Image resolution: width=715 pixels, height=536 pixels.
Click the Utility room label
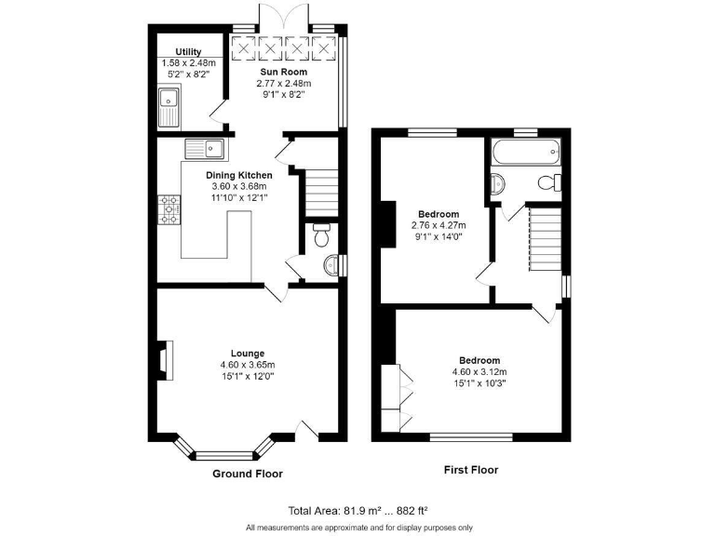coord(175,52)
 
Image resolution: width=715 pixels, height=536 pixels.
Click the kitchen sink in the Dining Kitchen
coord(205,147)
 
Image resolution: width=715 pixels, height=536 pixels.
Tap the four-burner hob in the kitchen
coord(169,209)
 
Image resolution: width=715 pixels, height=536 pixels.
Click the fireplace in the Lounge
coord(165,361)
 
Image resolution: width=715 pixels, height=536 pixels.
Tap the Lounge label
coord(248,353)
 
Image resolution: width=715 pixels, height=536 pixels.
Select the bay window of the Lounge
coord(223,453)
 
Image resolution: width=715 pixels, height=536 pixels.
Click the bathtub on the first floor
coord(527,150)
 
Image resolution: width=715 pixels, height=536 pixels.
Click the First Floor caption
coord(470,470)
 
